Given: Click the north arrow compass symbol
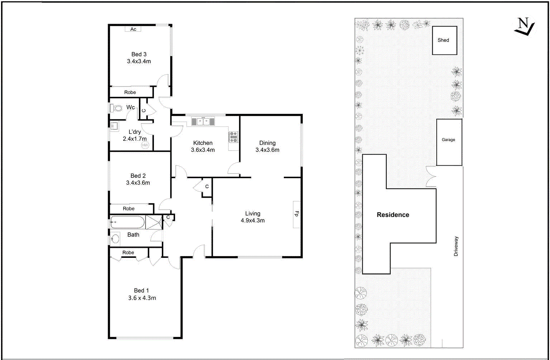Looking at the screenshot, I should click(x=524, y=27).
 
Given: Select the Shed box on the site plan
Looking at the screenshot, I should click(x=444, y=40).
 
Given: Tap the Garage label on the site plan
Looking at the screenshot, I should click(x=448, y=140).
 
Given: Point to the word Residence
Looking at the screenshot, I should click(x=393, y=215).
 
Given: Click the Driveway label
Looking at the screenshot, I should click(x=456, y=246).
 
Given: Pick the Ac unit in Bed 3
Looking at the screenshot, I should click(x=133, y=29).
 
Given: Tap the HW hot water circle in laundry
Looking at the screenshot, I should click(x=145, y=145).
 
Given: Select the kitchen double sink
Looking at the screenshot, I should click(x=203, y=122).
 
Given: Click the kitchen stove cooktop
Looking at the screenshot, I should click(x=233, y=137).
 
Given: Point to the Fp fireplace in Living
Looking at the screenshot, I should click(x=297, y=214).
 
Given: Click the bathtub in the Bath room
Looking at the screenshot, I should click(x=127, y=222).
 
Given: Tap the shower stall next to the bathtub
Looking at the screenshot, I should click(x=154, y=222).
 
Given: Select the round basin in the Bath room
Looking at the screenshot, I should click(x=115, y=238).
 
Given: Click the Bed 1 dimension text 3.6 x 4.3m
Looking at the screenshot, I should click(x=142, y=298).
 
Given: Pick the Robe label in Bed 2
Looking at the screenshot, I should click(x=129, y=209).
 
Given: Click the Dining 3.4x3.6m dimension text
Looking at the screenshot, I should click(x=267, y=150).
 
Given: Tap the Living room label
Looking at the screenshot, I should click(x=253, y=214).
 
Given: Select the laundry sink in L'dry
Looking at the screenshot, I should click(x=114, y=126).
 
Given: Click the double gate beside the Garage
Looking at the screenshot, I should click(x=431, y=176).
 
